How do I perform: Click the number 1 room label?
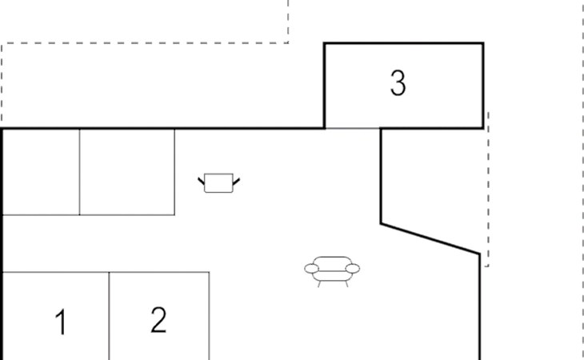coord(60,323)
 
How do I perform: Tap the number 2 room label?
coord(158,320)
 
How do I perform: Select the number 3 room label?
coord(398,83)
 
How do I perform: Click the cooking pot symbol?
coord(218,183)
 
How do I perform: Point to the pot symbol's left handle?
coord(202,181)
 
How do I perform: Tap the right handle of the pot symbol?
coord(236,181)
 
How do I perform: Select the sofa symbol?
coord(332,270)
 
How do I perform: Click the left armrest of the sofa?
coord(310,269)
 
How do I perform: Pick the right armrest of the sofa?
coord(354,269)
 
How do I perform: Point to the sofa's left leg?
coord(319,282)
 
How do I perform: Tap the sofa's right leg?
coord(346,282)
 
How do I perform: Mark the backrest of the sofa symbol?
coord(332,262)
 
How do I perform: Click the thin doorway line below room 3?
coord(352,128)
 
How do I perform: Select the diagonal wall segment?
coord(430,239)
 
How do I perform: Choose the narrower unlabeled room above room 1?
coord(40,171)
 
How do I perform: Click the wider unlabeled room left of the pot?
coord(126,171)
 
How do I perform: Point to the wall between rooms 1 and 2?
coord(110,316)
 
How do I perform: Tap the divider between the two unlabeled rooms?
coord(80,171)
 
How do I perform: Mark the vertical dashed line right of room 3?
coord(487,192)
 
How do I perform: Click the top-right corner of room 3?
coord(483,43)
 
